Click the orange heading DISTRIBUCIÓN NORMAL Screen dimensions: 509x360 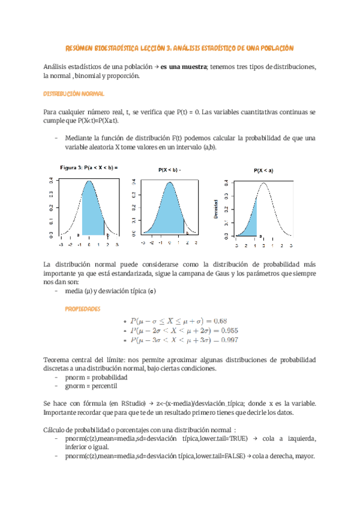(x=74, y=94)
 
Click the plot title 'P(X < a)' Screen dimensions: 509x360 (x=263, y=171)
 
